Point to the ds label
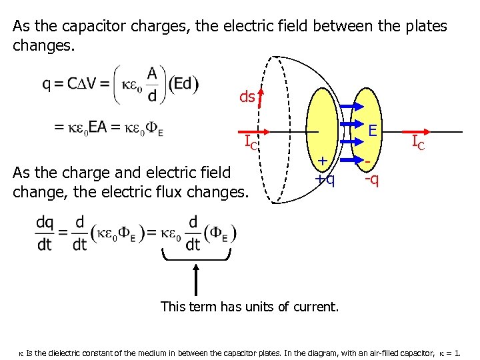point(246,97)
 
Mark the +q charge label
point(325,179)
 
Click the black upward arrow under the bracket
point(195,280)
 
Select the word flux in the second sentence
point(169,193)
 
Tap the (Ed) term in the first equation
point(183,84)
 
